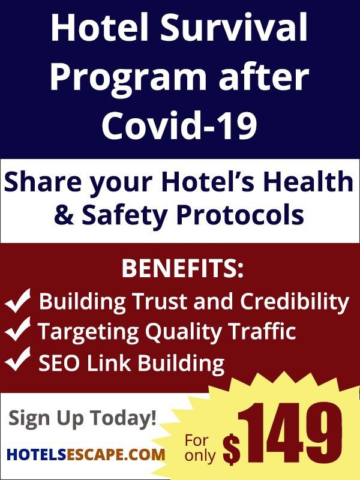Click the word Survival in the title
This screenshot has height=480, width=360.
pos(233,27)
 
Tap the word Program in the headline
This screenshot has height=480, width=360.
pos(128,79)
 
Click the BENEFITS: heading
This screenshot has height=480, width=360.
pos(182,269)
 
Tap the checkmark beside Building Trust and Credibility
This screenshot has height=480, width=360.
pos(18,301)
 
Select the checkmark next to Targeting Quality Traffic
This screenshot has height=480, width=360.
pos(18,329)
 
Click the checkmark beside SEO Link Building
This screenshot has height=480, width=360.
pos(18,359)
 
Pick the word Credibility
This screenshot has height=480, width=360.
pos(294,302)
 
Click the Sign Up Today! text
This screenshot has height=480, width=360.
pos(82,418)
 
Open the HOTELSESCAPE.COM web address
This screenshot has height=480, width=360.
pos(86,454)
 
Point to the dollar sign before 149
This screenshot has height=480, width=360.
pos(231,450)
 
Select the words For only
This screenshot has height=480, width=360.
pos(200,448)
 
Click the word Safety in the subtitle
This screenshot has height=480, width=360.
pos(124,214)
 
